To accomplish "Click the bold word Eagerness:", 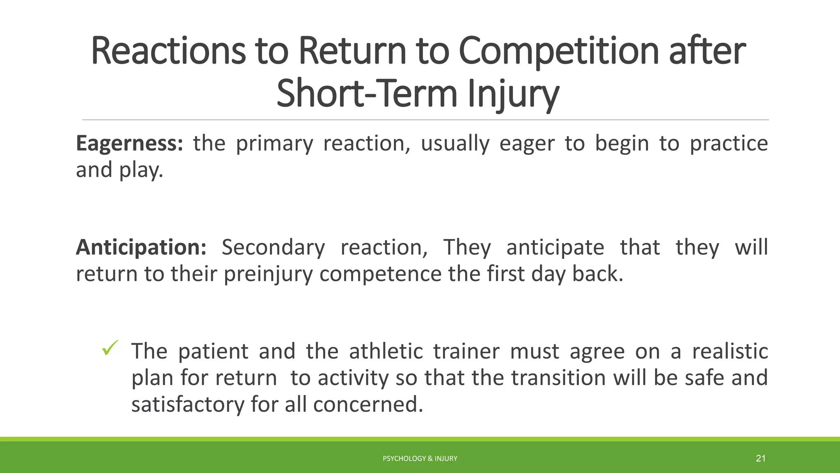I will coord(129,144).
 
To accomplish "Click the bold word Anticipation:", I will coord(141,248).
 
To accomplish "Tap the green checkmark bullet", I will coord(110,348).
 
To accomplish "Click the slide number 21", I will coord(760,458).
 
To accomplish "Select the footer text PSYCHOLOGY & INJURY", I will coord(420,459).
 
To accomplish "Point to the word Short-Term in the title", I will coord(367,94).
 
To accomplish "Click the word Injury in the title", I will coord(513,94).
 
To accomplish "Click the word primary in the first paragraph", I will coord(274,144).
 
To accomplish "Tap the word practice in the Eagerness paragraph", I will coord(728,144).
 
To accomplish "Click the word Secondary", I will coord(273,248).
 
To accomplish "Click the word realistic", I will coord(730,352).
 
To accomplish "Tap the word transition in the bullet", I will coord(558,378).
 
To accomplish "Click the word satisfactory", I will coord(187,404).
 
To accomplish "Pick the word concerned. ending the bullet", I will coord(368,404).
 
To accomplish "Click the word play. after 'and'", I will coord(141,170).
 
